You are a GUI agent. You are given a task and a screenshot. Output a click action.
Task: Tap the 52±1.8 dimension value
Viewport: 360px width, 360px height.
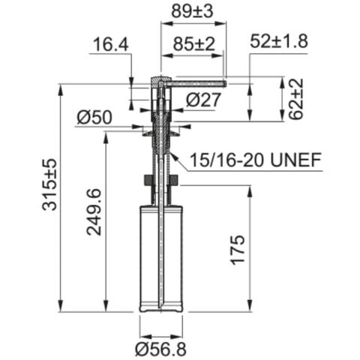click(x=279, y=42)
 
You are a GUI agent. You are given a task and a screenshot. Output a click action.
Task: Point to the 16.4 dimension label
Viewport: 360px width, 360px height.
click(x=110, y=46)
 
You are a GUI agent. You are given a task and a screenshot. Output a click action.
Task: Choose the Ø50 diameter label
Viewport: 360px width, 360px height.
click(x=94, y=117)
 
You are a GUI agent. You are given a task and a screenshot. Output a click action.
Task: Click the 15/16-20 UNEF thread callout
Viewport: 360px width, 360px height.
click(x=255, y=160)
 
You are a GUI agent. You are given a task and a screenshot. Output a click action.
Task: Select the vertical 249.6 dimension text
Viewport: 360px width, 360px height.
click(x=94, y=211)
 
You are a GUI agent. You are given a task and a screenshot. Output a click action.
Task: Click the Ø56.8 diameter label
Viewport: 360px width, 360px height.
click(x=160, y=348)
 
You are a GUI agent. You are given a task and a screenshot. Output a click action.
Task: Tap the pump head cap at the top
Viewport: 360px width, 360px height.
click(x=160, y=79)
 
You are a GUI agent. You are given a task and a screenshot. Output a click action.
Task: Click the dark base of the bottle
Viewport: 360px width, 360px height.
click(x=160, y=307)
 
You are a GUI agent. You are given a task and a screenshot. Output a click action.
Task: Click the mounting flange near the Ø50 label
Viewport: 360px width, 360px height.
click(x=160, y=130)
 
